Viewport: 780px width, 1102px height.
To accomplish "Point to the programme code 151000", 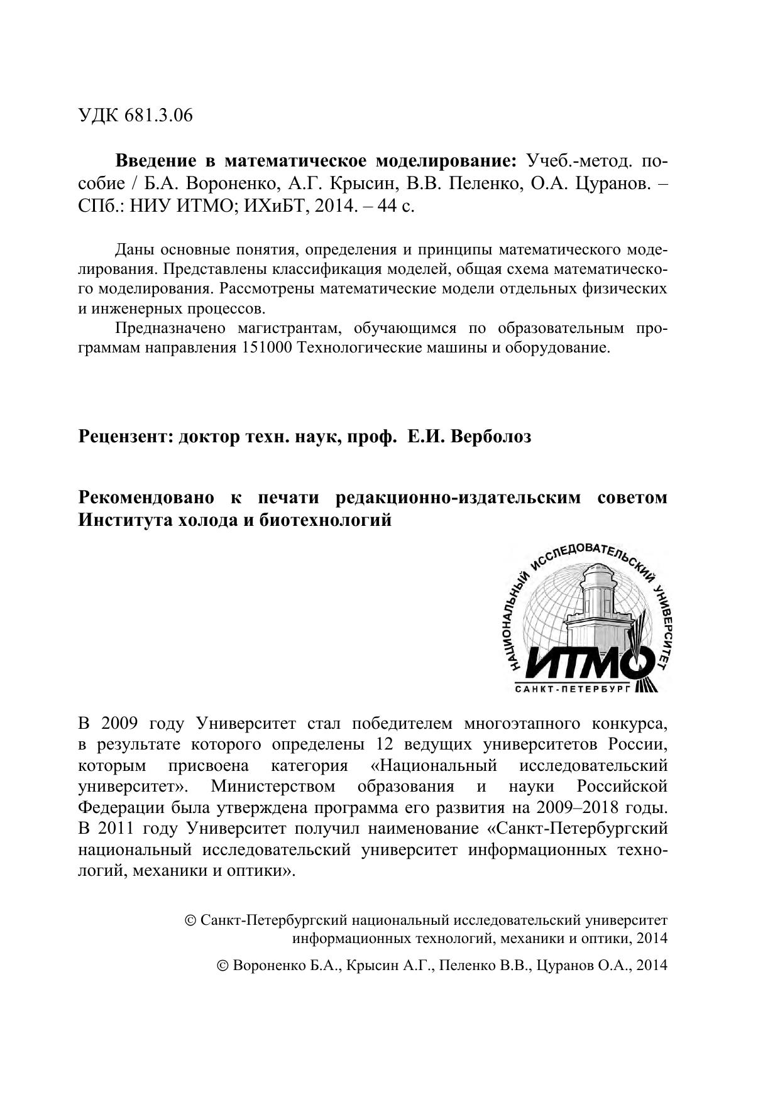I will [x=266, y=348].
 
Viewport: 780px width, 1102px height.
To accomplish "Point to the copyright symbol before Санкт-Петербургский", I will [x=190, y=921].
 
